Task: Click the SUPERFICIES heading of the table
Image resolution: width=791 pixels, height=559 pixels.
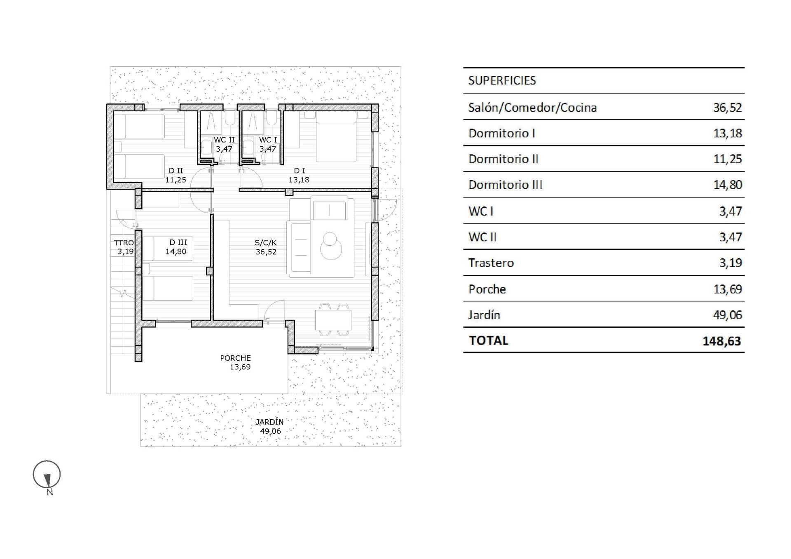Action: coord(502,80)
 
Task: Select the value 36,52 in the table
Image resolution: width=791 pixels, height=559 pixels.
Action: coord(727,108)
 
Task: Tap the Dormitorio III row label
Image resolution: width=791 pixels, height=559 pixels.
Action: coord(505,185)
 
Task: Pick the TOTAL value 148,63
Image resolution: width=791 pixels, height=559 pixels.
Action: coord(721,341)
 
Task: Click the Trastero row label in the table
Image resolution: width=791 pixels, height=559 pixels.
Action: coord(491,263)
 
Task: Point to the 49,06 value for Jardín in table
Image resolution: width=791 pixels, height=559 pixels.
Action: coord(727,315)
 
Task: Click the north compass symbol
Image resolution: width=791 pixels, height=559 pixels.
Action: coord(47,475)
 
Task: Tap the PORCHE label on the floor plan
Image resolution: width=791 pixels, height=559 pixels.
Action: coord(235,358)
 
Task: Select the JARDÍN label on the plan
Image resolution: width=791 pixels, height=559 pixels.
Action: coord(269,422)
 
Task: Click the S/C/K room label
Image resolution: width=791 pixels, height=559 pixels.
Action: coord(266,243)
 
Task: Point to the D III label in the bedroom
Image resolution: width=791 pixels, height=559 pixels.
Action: coord(178,243)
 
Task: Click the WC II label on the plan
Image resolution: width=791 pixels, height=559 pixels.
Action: coord(224,140)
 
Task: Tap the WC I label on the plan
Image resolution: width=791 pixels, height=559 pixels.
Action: coord(268,140)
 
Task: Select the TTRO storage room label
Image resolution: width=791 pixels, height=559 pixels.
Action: coord(124,243)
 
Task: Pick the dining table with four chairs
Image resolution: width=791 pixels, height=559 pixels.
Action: coord(333,319)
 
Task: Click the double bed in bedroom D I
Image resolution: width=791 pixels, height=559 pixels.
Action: coord(336,136)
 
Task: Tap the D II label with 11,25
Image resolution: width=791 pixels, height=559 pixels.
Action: coord(176,175)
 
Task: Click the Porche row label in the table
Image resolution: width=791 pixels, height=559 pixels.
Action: coord(487,289)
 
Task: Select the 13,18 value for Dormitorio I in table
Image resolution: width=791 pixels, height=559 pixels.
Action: coord(727,133)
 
